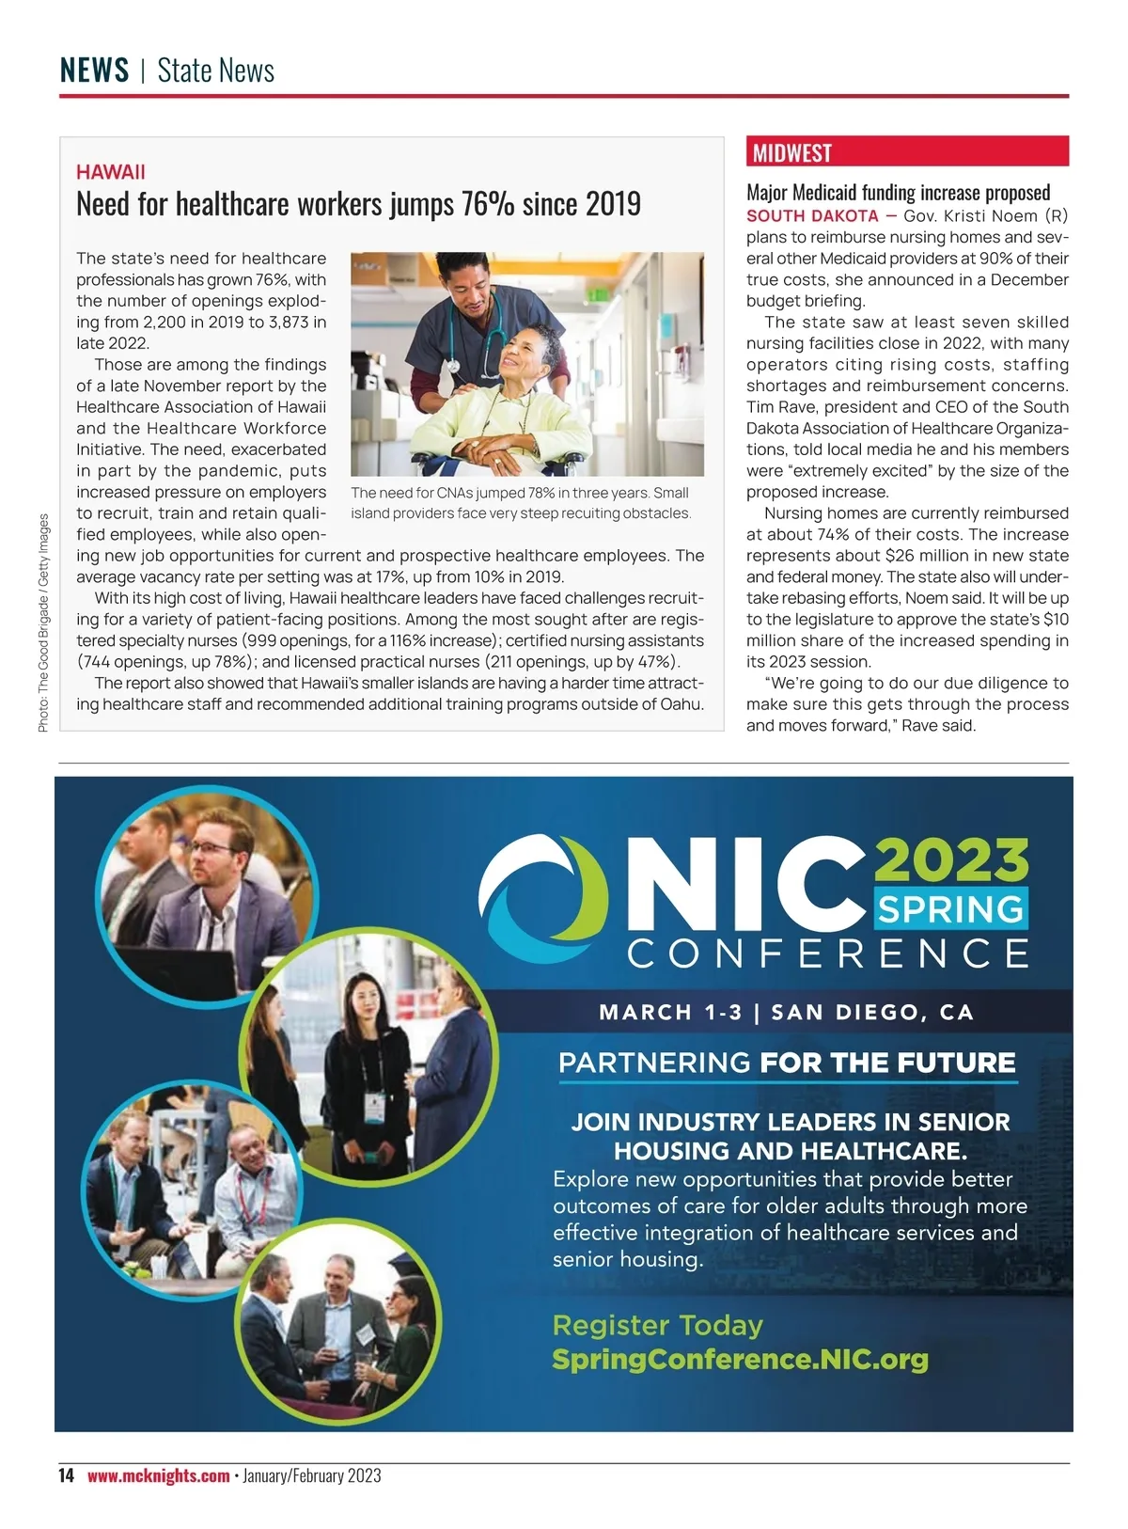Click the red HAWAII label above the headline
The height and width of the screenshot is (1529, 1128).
click(111, 172)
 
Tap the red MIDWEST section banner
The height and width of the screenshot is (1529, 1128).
click(792, 152)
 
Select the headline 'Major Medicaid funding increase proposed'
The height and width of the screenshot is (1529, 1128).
click(898, 193)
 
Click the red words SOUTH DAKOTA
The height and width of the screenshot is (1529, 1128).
click(812, 215)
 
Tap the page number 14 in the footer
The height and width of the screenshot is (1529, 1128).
click(66, 1475)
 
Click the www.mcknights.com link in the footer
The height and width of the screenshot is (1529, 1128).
click(158, 1475)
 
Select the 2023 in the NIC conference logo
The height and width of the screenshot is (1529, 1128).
click(951, 859)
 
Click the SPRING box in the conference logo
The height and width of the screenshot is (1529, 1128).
click(950, 909)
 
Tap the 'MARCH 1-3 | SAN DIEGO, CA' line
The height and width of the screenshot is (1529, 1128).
click(786, 1013)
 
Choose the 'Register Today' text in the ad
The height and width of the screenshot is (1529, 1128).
click(657, 1325)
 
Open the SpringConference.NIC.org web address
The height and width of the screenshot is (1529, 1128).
click(740, 1359)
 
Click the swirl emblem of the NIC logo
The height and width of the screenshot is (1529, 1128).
click(542, 893)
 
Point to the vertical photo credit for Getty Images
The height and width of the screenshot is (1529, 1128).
click(43, 623)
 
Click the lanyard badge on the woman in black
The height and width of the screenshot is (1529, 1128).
click(375, 1110)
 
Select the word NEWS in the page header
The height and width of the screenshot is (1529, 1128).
click(94, 71)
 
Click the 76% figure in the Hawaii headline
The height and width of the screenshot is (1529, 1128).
click(487, 204)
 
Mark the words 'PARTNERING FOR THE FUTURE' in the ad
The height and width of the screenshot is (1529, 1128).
click(787, 1063)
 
